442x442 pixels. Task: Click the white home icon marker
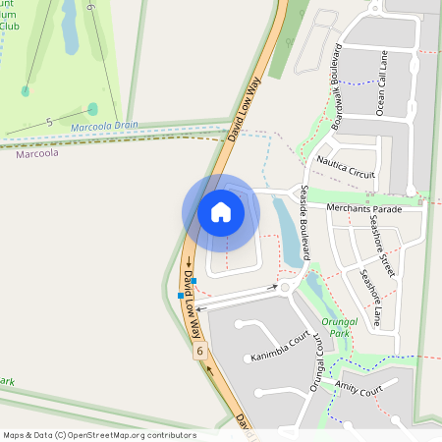[x=221, y=212]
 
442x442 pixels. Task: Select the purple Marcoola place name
[x=36, y=153]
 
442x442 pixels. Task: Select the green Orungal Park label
[x=336, y=327]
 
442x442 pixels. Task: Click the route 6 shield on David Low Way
[x=200, y=351]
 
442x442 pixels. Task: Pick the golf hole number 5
[x=48, y=122]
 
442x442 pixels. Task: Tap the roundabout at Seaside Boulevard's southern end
[x=286, y=288]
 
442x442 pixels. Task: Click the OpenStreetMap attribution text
[x=99, y=435]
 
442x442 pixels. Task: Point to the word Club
[x=10, y=27]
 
